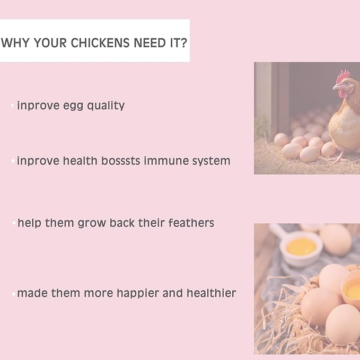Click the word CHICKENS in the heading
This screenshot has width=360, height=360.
pos(100,43)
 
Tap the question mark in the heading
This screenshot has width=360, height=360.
pos(183,43)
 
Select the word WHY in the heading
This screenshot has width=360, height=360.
pos(15,43)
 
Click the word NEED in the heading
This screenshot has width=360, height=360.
pos(150,43)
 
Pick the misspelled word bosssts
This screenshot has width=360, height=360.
pos(120,161)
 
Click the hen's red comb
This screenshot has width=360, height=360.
pos(343,76)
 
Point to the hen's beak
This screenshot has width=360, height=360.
pos(336,87)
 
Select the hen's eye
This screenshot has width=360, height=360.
pos(346,83)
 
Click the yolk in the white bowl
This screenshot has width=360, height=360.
pos(301,247)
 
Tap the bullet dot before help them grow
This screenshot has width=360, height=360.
pos(14,223)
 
